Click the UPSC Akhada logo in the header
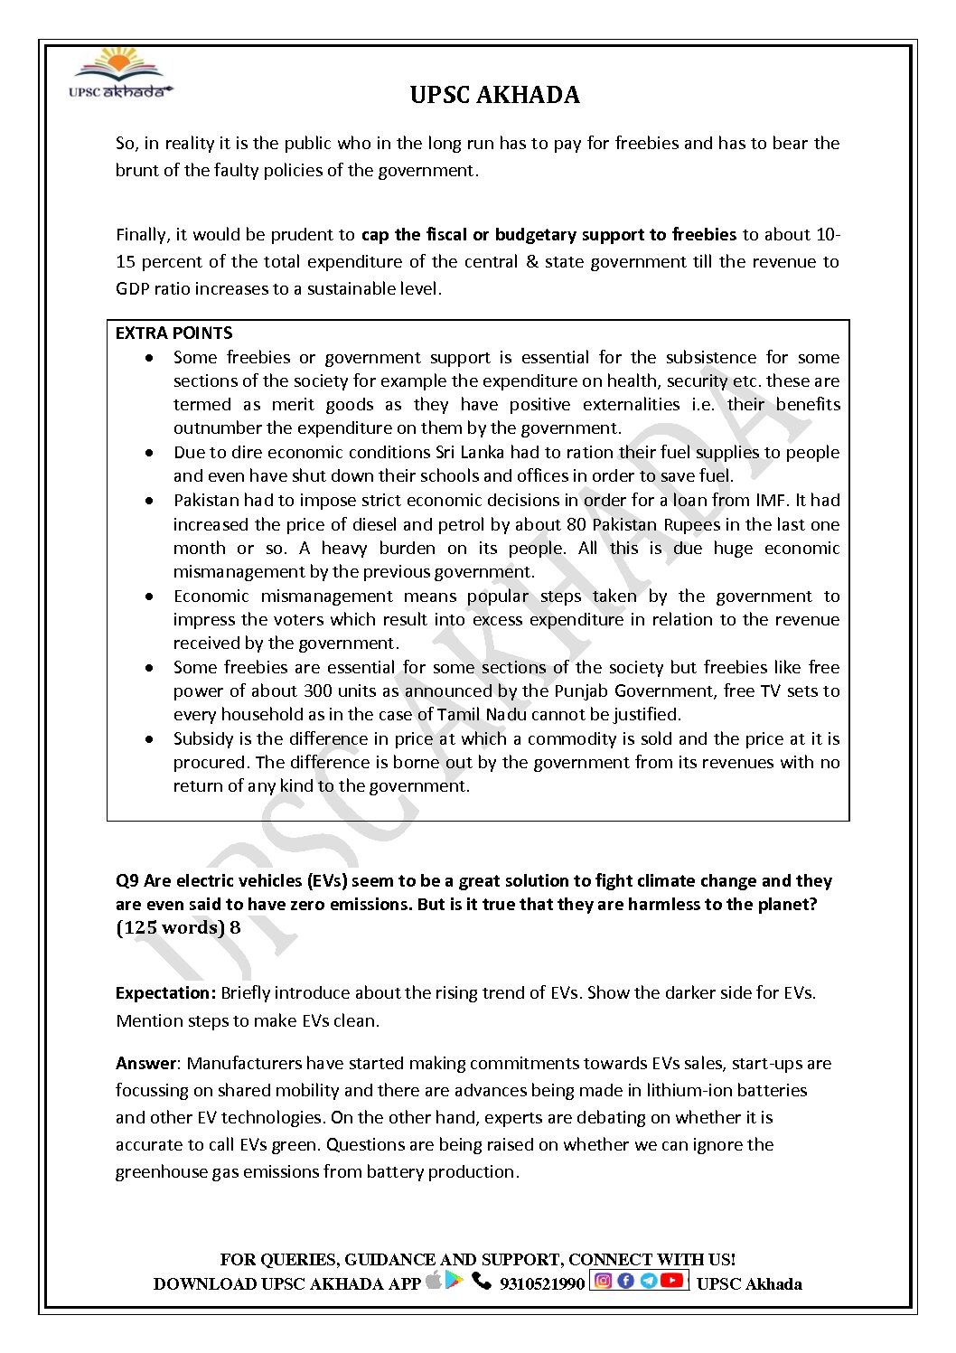[x=120, y=75]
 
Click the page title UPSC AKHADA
[x=494, y=95]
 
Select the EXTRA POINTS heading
[x=174, y=334]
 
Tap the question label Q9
[x=127, y=881]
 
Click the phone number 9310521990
[x=542, y=1284]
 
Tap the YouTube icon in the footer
[x=671, y=1281]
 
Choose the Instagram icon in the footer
[x=604, y=1281]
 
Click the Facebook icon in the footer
[x=625, y=1281]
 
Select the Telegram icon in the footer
[x=648, y=1281]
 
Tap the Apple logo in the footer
[x=434, y=1280]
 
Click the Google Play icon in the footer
[x=455, y=1281]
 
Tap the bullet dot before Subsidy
[x=149, y=739]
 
